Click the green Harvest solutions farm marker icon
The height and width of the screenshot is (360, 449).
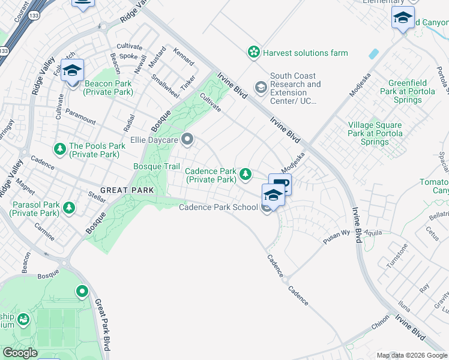tap(254, 53)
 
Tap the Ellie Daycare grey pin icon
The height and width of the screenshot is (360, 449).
tap(187, 140)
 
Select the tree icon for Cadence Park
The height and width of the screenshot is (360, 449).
tap(245, 175)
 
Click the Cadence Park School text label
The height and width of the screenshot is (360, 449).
tap(218, 208)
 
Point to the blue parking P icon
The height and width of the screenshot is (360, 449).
tap(280, 184)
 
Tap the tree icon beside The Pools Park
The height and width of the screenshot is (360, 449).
tap(59, 148)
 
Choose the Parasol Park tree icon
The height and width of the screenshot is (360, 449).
tap(70, 208)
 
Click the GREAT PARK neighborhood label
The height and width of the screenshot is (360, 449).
tap(127, 190)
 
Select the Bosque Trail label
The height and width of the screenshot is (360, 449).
tap(157, 166)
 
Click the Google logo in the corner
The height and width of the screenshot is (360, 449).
tap(20, 353)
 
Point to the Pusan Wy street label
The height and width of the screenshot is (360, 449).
tap(337, 233)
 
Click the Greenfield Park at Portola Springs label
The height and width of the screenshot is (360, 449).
tap(414, 92)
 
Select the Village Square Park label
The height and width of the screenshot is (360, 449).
tap(375, 134)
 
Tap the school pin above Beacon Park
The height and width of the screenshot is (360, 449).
tap(72, 70)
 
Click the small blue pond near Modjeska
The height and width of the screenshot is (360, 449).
tap(373, 53)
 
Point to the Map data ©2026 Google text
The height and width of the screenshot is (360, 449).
tap(412, 355)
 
